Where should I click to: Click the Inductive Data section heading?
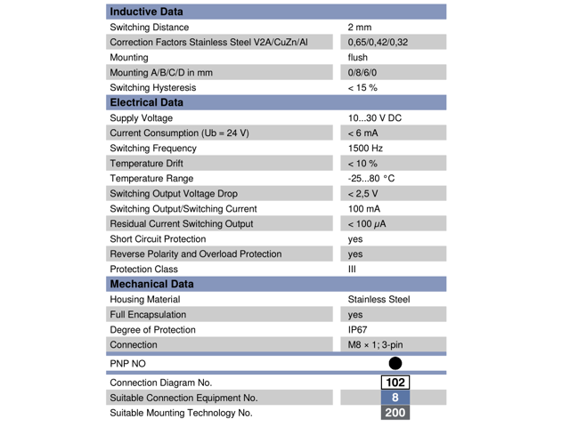[x=146, y=12]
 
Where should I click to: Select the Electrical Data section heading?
[x=146, y=102]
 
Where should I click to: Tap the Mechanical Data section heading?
[x=151, y=284]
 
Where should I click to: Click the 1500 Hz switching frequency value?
[x=365, y=148]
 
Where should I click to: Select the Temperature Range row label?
[x=151, y=179]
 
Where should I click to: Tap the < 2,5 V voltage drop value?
[x=362, y=194]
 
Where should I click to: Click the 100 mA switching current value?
[x=364, y=208]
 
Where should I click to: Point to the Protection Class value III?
[x=352, y=269]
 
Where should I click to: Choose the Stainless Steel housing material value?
[x=379, y=300]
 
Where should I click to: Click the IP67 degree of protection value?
[x=358, y=329]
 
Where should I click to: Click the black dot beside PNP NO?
[x=395, y=363]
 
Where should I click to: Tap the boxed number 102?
[x=395, y=383]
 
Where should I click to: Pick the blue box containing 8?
[x=395, y=398]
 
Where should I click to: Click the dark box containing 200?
[x=395, y=413]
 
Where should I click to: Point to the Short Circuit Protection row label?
[x=158, y=239]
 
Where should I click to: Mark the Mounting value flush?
[x=357, y=58]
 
